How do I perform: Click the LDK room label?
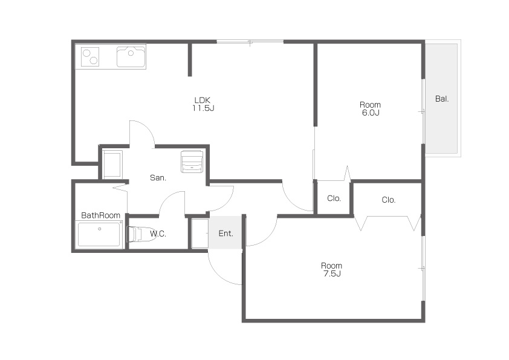(x=203, y=100)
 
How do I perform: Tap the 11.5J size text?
(x=203, y=108)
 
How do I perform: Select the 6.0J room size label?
(x=371, y=113)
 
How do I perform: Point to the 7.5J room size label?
(x=332, y=273)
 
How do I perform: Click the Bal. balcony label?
(x=442, y=99)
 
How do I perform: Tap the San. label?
(x=158, y=178)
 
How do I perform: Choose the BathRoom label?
(x=100, y=215)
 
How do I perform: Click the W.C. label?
(x=158, y=234)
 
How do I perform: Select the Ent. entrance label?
(x=225, y=234)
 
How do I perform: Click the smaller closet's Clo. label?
(x=334, y=198)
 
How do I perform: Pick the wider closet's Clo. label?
(x=389, y=200)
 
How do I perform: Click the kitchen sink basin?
(x=131, y=57)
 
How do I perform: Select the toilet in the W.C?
(x=140, y=234)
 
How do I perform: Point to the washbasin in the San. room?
(x=192, y=161)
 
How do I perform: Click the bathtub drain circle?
(x=100, y=229)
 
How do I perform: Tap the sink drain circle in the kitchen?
(x=131, y=53)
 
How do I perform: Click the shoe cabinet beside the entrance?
(x=199, y=234)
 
